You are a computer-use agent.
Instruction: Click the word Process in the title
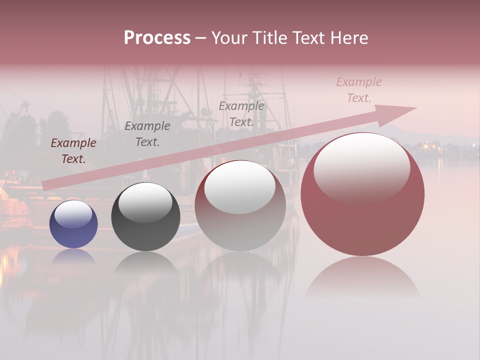pos(157,38)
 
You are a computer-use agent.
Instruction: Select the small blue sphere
pos(73,224)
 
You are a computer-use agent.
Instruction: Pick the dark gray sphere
pos(145,217)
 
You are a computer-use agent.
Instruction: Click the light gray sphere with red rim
pos(240,206)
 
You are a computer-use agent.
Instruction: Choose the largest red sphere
pos(362,195)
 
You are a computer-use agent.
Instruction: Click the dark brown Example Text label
pos(73,151)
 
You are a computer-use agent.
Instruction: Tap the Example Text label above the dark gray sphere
pos(147,133)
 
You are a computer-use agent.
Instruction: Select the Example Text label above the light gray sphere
pos(241,113)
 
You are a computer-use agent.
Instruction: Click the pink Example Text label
pos(359,90)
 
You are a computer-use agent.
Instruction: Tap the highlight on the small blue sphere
pos(73,214)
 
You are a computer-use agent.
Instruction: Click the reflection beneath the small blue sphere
pos(73,256)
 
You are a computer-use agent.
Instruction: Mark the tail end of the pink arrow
pos(46,186)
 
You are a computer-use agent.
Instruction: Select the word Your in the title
pos(228,38)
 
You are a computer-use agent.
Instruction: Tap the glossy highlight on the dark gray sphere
pos(145,201)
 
